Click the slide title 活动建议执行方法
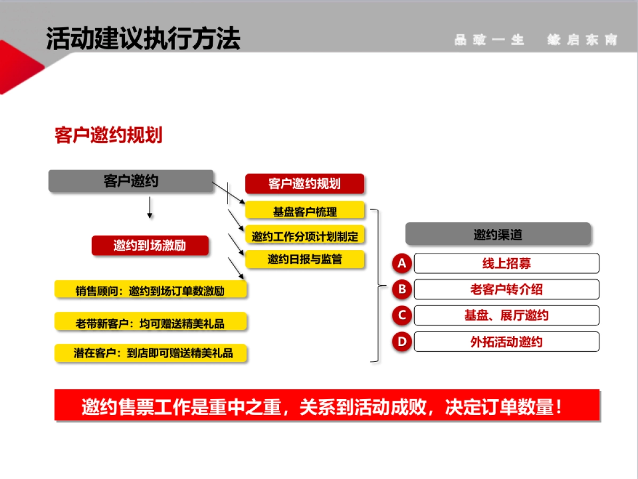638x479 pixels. tap(143, 38)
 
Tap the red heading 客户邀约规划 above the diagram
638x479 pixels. tap(108, 135)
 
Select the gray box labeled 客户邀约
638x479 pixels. tap(131, 181)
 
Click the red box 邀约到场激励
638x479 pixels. tap(150, 246)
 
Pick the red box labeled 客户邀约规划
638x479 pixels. tap(305, 184)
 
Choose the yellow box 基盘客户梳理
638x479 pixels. tap(305, 211)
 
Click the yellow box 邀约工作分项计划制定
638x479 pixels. tap(305, 236)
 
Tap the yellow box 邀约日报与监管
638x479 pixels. tap(305, 260)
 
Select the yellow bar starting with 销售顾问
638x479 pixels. tap(150, 291)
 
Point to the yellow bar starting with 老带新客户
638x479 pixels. tap(150, 323)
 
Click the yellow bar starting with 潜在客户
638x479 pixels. tap(150, 353)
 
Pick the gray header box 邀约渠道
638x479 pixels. tap(498, 234)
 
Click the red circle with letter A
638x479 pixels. tap(402, 263)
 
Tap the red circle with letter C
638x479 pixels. tap(402, 315)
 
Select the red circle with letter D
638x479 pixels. tap(402, 341)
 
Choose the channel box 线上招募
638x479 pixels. tap(506, 263)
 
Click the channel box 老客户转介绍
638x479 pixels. tap(506, 290)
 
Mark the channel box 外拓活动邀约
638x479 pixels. tap(506, 342)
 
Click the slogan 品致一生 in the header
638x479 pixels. tap(490, 40)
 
